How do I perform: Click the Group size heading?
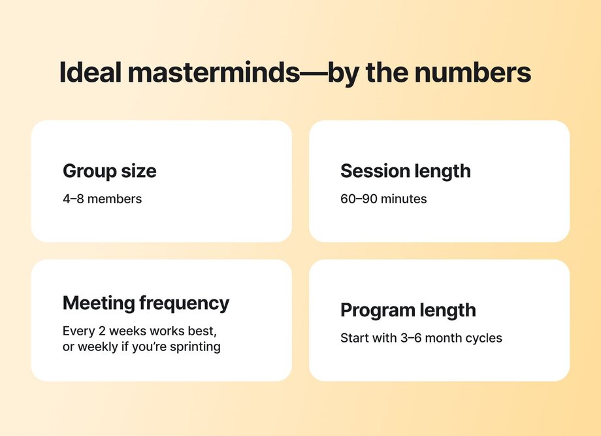pyautogui.click(x=110, y=171)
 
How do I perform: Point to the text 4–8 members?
pyautogui.click(x=102, y=199)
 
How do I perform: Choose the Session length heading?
pyautogui.click(x=405, y=171)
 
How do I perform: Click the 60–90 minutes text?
pyautogui.click(x=383, y=199)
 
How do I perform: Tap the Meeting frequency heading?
pyautogui.click(x=146, y=303)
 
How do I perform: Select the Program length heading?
pyautogui.click(x=408, y=310)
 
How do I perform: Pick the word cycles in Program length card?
pyautogui.click(x=482, y=339)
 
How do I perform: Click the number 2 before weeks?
pyautogui.click(x=99, y=331)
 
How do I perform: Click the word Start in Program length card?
pyautogui.click(x=355, y=339)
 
